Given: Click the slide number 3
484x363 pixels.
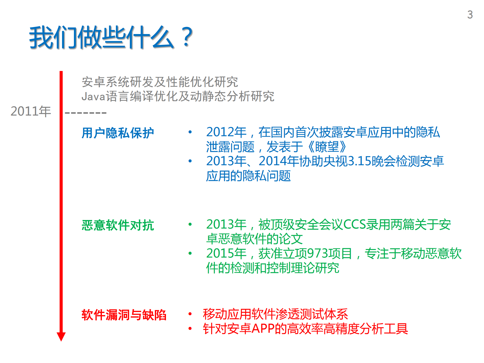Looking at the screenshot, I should coord(470,15).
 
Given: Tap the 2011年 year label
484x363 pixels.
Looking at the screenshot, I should coord(31,111).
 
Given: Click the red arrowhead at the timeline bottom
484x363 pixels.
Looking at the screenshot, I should coord(61,336).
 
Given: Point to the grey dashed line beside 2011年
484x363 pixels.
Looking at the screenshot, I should coord(86,113).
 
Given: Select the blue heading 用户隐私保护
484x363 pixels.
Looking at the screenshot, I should coord(118,133).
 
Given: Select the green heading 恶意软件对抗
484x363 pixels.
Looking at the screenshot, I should coord(118,225).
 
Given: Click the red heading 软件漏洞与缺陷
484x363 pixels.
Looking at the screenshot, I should coord(124,315).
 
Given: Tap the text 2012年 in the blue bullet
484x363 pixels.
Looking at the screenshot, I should coord(226,132).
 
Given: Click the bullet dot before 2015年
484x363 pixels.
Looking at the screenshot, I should coord(190,253).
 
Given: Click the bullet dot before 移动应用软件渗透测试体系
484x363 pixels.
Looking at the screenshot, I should coord(190,314).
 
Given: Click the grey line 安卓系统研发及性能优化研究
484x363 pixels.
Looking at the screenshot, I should coord(160,82).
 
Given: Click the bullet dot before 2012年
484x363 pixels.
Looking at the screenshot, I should coord(190,132).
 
